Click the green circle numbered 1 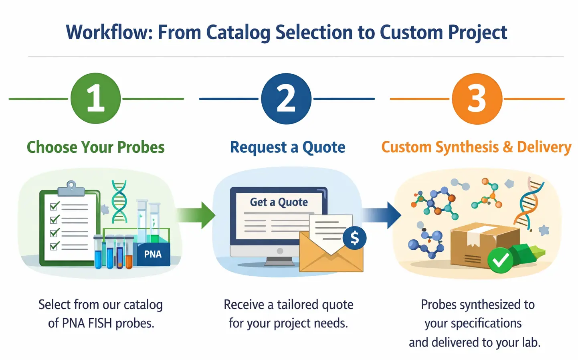point(95,98)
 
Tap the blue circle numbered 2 point(286,99)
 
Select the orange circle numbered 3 point(477,99)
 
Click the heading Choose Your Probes point(95,147)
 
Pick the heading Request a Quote point(287,147)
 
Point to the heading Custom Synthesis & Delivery point(476,147)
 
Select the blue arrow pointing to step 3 point(383,215)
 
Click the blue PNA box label point(153,254)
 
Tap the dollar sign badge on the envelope point(354,238)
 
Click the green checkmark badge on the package point(500,261)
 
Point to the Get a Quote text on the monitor point(279,202)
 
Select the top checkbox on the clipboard point(54,206)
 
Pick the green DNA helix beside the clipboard point(119,201)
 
